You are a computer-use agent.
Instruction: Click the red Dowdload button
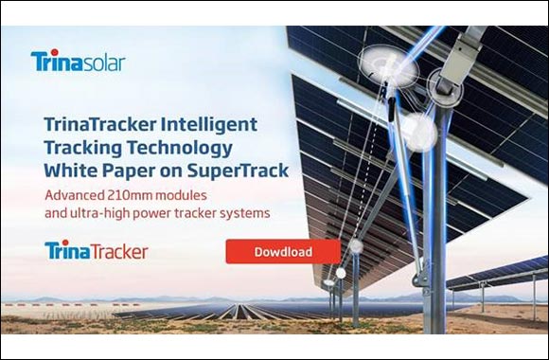click(282, 252)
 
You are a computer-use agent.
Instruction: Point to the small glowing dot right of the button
click(356, 246)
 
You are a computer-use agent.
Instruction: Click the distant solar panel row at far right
click(502, 274)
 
